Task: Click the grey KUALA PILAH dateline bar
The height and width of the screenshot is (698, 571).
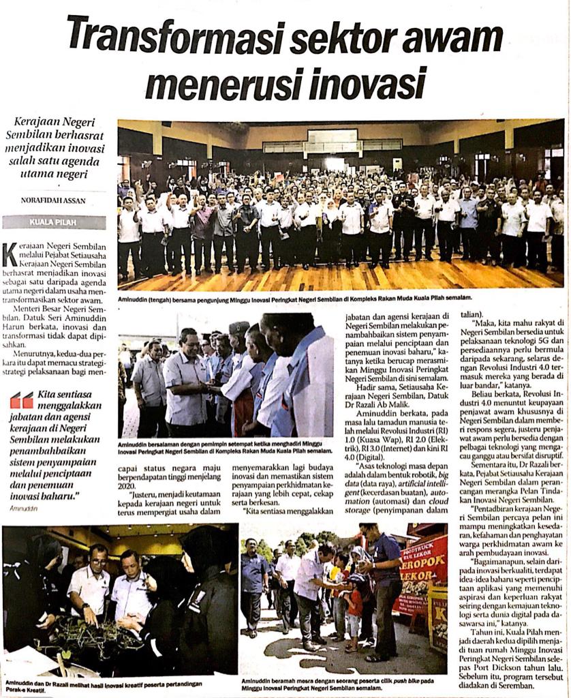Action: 54,223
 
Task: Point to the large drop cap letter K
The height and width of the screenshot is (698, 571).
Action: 10,254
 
